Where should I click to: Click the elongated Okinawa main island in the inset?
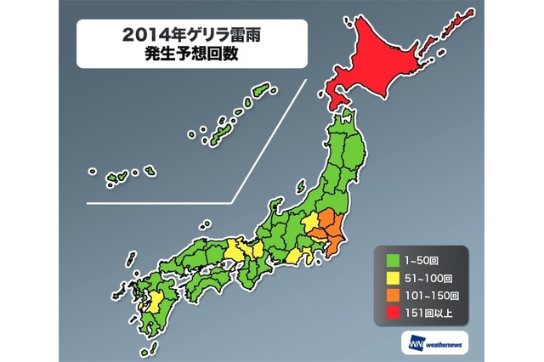224,132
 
